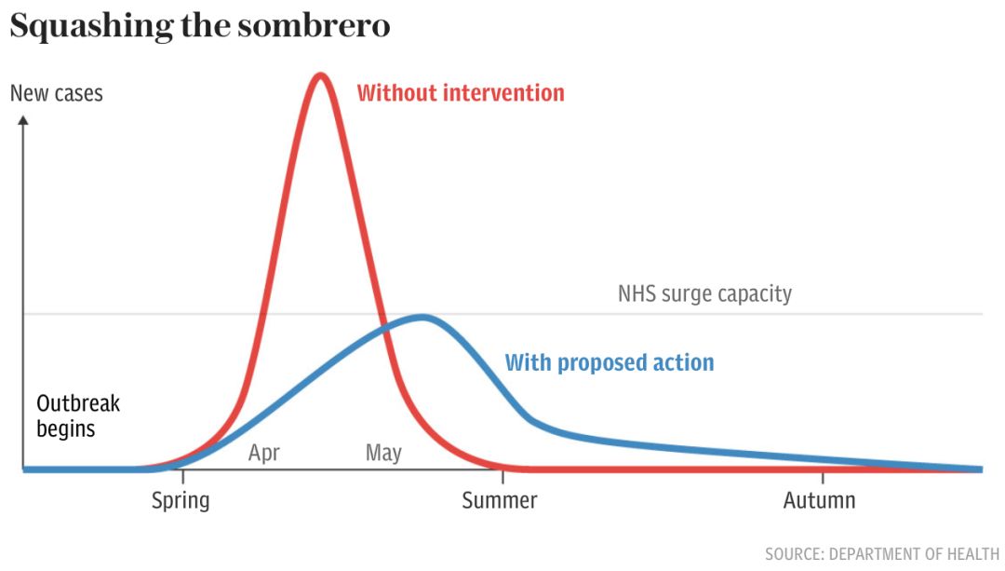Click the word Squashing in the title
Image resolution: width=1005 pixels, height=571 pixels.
point(91,27)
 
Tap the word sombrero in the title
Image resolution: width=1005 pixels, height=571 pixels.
point(314,26)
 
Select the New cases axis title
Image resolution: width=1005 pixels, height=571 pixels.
point(57,94)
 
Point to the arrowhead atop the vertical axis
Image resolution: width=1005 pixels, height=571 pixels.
point(23,120)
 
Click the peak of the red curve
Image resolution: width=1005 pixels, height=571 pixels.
point(320,76)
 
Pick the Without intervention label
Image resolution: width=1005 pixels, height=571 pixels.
point(461,93)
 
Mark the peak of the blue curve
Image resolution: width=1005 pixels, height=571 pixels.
point(422,317)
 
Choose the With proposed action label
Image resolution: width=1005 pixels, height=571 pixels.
point(610,363)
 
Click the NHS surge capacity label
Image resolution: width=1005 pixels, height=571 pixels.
point(705,293)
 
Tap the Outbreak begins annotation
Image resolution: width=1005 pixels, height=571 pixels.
point(78,415)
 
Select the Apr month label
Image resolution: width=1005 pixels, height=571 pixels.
point(264,453)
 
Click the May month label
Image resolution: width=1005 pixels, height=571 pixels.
point(383,453)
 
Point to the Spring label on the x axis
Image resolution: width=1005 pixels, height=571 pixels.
point(181,500)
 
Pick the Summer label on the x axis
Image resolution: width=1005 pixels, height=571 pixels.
point(500,500)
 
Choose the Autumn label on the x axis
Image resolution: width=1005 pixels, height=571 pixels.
point(819,500)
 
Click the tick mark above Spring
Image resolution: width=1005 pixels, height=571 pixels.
point(182,477)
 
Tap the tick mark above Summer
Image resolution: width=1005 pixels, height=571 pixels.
point(502,477)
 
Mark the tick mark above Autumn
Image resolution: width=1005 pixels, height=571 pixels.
point(823,477)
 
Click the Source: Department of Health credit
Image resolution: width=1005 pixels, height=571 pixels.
point(882,553)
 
